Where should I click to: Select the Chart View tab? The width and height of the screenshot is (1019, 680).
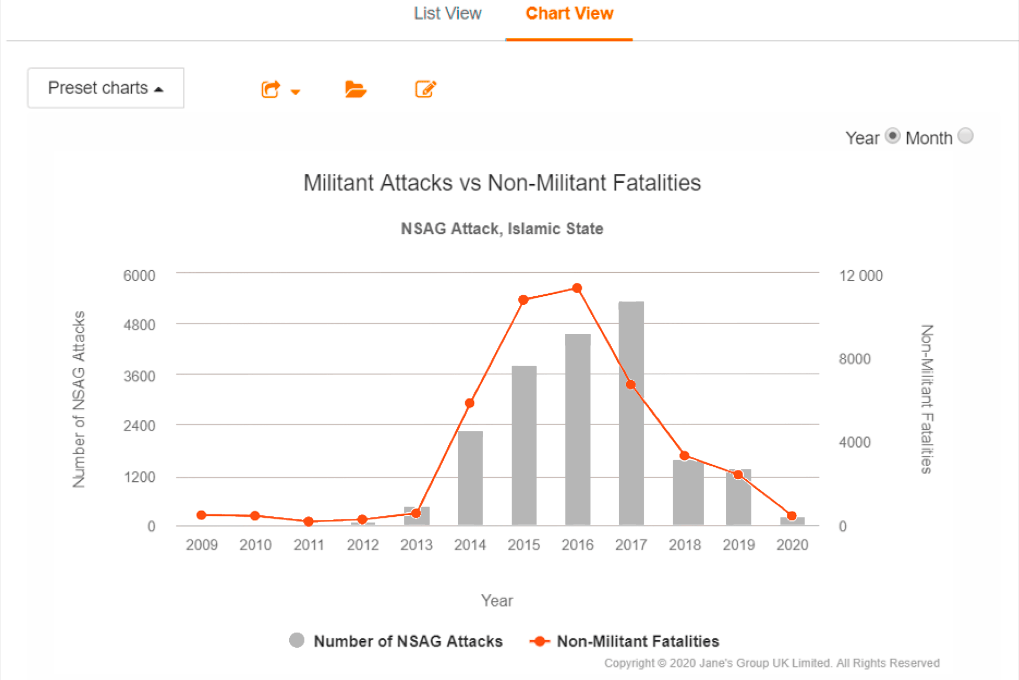coord(569,14)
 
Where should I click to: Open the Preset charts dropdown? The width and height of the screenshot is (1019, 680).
coord(105,88)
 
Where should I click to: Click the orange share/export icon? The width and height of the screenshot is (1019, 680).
coord(271,89)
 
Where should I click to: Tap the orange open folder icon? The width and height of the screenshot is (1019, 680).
coord(355,89)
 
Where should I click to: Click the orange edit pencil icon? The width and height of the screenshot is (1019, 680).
coord(425,89)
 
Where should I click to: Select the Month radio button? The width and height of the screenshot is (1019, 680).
coord(965,136)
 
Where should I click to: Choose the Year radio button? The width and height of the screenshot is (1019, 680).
coord(892,136)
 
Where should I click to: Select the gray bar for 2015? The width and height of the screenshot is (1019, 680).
coord(524,447)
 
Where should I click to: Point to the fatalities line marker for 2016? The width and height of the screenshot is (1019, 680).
coord(577,288)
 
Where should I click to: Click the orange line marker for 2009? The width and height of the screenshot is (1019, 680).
coord(201,515)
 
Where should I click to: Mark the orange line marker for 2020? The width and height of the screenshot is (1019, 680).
coord(792,516)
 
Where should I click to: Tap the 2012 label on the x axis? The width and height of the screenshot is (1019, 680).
coord(363,545)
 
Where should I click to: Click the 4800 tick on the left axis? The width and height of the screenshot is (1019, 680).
coord(139,325)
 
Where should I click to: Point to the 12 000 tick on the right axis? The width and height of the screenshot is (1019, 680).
coord(861,276)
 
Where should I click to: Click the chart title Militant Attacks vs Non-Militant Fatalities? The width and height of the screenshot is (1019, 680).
coord(502,183)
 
